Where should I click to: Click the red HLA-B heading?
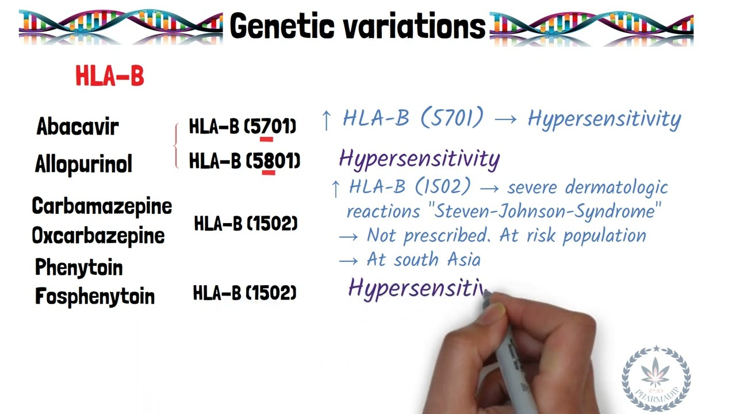click(109, 76)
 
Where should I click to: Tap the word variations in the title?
click(420, 26)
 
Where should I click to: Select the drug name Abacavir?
click(78, 126)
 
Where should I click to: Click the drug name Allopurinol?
click(83, 164)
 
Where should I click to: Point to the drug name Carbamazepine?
click(102, 206)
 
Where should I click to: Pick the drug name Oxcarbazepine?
click(98, 236)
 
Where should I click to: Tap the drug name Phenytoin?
click(79, 267)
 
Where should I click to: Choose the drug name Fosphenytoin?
click(95, 297)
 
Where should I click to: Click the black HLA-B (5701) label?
click(242, 126)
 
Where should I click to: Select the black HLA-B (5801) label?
click(244, 161)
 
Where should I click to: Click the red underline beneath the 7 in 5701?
click(266, 139)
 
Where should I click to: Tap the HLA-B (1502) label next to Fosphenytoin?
click(244, 293)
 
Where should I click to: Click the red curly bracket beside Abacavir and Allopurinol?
click(177, 146)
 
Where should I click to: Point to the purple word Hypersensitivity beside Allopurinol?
click(419, 159)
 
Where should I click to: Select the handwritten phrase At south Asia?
click(423, 260)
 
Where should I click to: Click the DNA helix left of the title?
click(121, 26)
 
